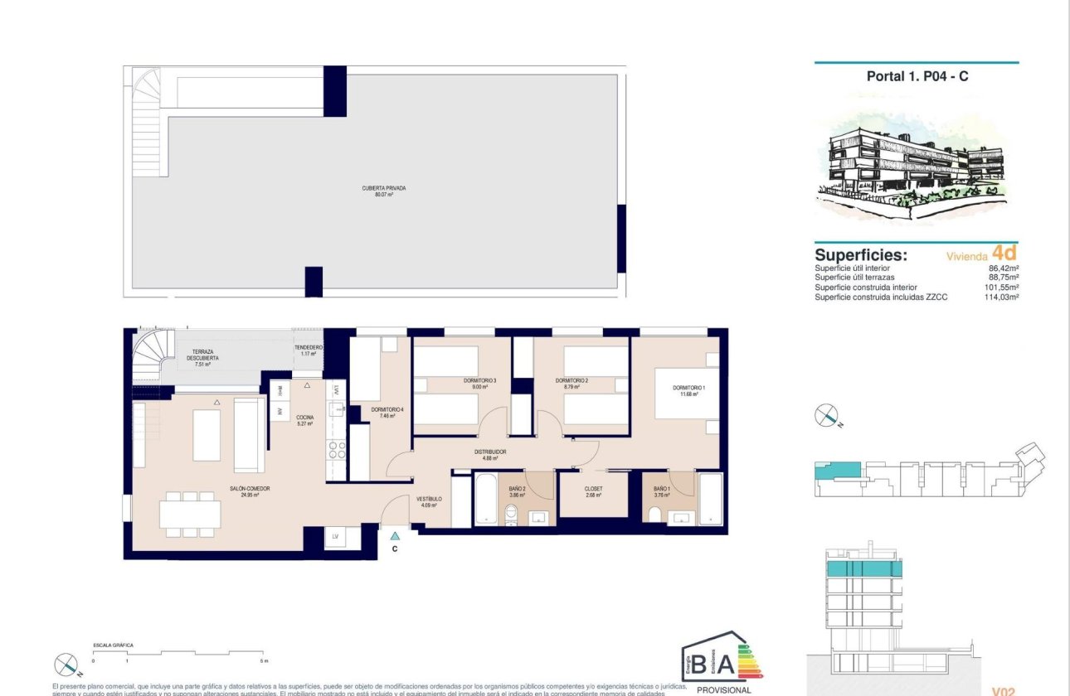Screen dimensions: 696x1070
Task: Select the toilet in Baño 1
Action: (x=655, y=517)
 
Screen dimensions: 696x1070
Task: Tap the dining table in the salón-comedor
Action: (x=190, y=515)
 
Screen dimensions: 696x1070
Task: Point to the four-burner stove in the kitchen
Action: (x=336, y=449)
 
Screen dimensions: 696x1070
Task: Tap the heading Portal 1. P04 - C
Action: (x=917, y=76)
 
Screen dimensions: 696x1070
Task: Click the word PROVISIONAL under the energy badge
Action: (x=723, y=689)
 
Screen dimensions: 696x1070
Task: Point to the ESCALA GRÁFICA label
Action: (x=114, y=645)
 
